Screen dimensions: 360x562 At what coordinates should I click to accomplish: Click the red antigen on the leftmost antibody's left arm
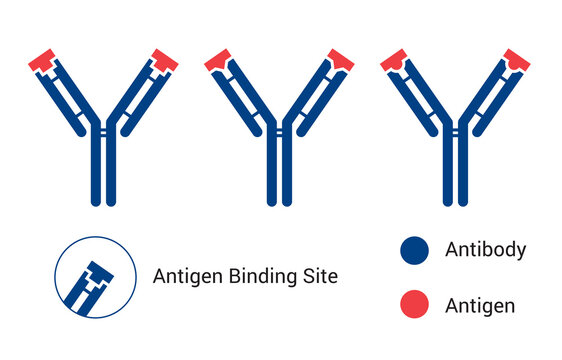click(43, 59)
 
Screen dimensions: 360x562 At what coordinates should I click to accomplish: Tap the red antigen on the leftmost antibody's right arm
click(165, 59)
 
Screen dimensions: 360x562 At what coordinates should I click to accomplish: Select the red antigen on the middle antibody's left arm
click(219, 59)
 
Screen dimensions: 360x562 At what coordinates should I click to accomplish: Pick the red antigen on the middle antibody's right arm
click(341, 59)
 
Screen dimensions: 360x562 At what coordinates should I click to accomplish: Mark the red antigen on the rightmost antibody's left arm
click(395, 59)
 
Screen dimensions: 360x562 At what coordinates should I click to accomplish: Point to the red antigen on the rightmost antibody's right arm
click(517, 59)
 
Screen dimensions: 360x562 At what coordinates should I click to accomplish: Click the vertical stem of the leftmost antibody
click(104, 170)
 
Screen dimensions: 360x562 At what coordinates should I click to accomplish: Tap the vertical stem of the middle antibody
click(280, 170)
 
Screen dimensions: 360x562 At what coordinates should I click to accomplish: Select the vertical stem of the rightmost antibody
click(456, 170)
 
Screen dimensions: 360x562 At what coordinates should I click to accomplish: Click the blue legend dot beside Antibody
click(414, 251)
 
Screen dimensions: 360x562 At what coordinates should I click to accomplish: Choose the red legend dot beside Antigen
click(414, 305)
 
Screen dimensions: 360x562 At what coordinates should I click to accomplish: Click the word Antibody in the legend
click(485, 250)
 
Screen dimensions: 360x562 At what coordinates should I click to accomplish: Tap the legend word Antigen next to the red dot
click(480, 306)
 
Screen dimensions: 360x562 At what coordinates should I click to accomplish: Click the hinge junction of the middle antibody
click(280, 128)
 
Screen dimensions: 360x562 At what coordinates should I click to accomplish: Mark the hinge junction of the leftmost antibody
click(104, 128)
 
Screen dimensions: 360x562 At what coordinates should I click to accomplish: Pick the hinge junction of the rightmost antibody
click(456, 128)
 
